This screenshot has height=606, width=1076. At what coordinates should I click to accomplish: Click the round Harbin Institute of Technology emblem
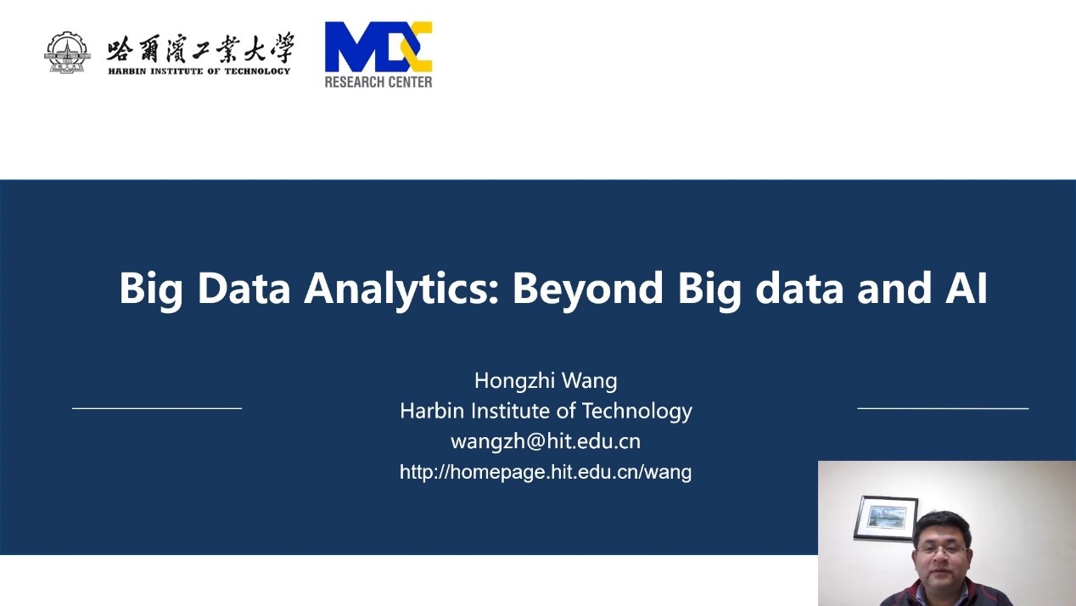click(x=67, y=53)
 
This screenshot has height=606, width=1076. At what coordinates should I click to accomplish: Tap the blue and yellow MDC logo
click(x=378, y=47)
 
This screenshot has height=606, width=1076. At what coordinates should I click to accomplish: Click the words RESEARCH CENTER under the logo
click(x=378, y=82)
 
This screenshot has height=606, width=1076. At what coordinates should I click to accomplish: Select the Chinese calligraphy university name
click(x=199, y=48)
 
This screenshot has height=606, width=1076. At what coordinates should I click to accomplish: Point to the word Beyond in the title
click(x=588, y=289)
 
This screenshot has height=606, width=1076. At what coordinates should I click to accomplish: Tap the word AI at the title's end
click(x=966, y=289)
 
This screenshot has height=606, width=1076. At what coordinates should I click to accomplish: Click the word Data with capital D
click(x=244, y=289)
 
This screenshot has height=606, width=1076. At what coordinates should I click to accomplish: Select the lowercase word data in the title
click(x=799, y=289)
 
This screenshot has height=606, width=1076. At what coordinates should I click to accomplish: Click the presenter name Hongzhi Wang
click(x=546, y=380)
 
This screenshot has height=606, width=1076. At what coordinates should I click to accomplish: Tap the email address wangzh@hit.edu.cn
click(x=546, y=441)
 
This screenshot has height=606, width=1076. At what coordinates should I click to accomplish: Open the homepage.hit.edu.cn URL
click(x=546, y=472)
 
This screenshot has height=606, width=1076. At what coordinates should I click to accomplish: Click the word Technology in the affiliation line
click(x=637, y=412)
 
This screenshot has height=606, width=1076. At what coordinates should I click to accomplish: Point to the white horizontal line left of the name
click(x=157, y=408)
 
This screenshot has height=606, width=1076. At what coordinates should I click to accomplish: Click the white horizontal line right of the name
click(x=943, y=408)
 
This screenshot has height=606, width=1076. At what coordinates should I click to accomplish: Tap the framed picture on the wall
click(x=886, y=517)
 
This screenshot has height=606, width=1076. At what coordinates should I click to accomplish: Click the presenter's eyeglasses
click(x=942, y=550)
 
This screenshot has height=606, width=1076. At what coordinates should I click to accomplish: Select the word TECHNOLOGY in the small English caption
click(x=257, y=71)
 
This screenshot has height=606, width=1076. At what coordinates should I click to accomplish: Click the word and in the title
click(x=894, y=289)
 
